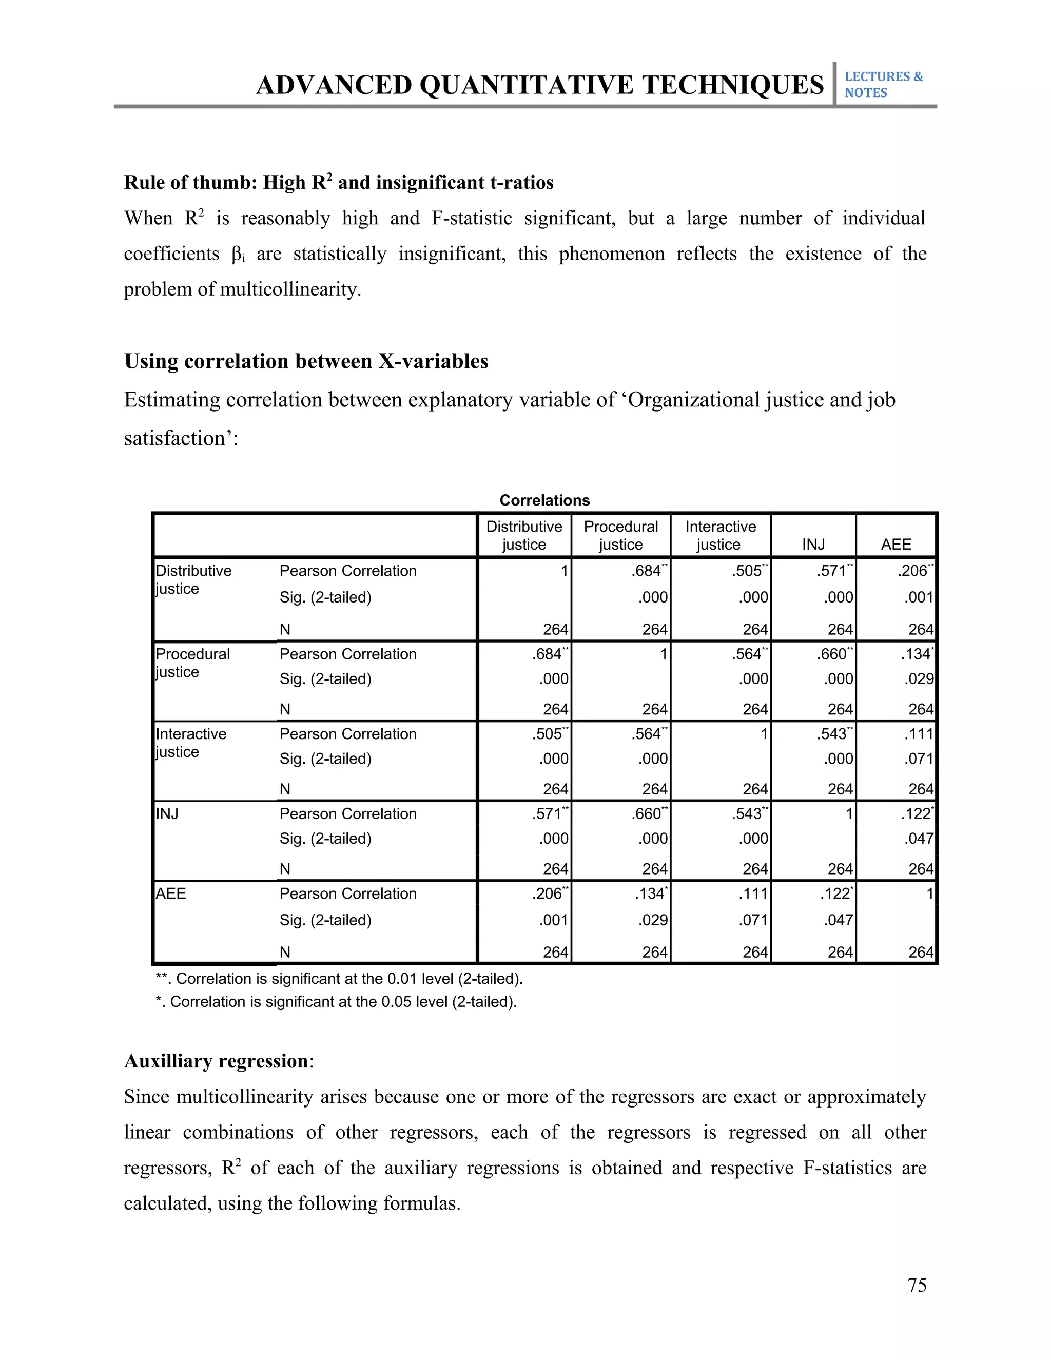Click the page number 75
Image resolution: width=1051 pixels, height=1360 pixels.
(917, 1285)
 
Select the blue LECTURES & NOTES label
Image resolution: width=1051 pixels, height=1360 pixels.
(883, 84)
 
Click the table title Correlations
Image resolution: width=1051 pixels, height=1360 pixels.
(544, 500)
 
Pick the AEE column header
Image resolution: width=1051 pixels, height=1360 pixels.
(896, 544)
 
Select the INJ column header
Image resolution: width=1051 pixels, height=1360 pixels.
(813, 544)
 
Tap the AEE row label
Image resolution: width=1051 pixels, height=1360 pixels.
(170, 893)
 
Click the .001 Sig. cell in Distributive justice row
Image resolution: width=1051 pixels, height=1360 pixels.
(919, 597)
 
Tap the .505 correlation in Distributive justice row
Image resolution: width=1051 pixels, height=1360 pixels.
(747, 571)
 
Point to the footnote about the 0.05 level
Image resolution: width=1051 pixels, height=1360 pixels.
(336, 1001)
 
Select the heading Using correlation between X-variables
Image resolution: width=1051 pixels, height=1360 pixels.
(306, 361)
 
